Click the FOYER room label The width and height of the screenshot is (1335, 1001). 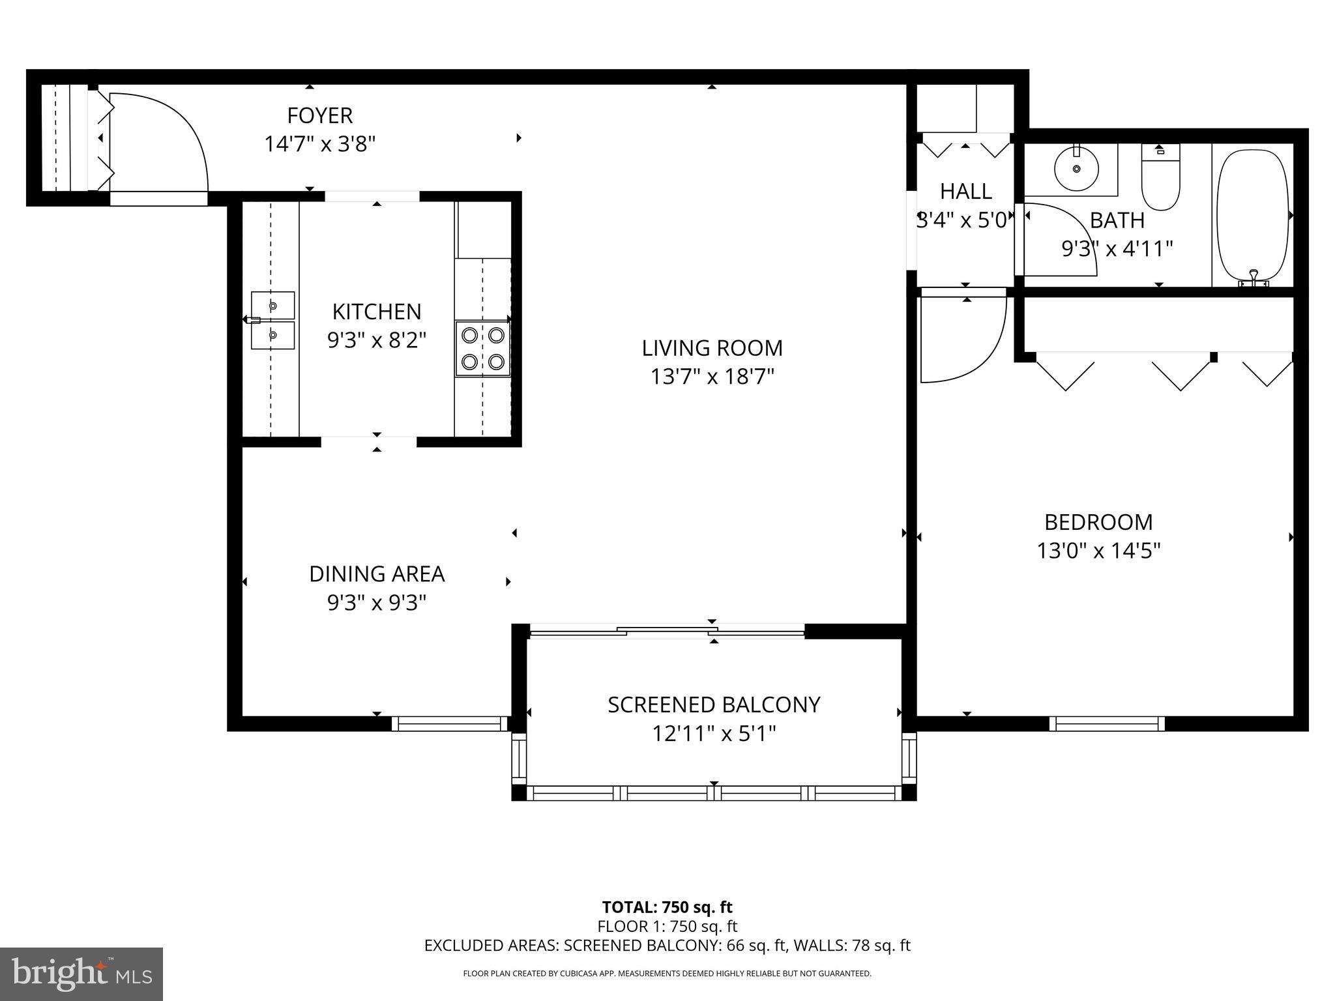click(319, 115)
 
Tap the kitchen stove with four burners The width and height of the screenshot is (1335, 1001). click(482, 348)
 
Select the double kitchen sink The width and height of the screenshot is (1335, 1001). click(273, 320)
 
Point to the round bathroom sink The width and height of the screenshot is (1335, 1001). click(1076, 168)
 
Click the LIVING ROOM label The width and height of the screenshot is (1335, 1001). click(712, 348)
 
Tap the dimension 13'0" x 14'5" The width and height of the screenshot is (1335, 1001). click(1098, 551)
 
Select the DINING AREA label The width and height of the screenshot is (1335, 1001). click(377, 574)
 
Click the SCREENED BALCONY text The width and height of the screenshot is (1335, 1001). click(714, 705)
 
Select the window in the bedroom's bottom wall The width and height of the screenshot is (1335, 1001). click(1107, 723)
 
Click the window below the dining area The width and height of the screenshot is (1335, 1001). click(450, 723)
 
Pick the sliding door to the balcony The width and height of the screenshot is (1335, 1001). click(667, 630)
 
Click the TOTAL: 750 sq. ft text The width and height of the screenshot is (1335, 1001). click(667, 907)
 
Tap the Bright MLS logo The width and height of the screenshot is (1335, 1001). click(81, 974)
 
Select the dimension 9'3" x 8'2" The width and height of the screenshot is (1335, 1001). click(377, 340)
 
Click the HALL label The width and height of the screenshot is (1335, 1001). click(965, 192)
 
